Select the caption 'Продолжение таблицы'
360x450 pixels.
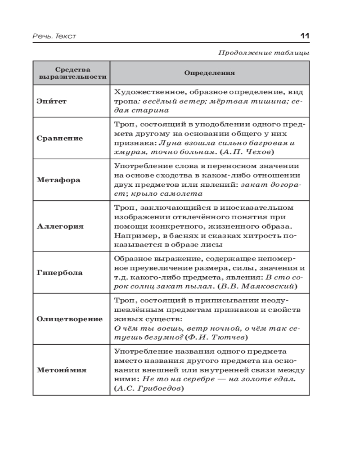264,53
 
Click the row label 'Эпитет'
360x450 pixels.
52,101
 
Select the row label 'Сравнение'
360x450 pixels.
59,138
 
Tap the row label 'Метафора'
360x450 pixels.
58,180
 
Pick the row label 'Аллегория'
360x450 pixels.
60,226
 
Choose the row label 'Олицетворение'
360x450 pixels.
70,319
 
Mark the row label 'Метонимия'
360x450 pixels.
61,370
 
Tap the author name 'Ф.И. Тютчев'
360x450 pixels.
216,337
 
